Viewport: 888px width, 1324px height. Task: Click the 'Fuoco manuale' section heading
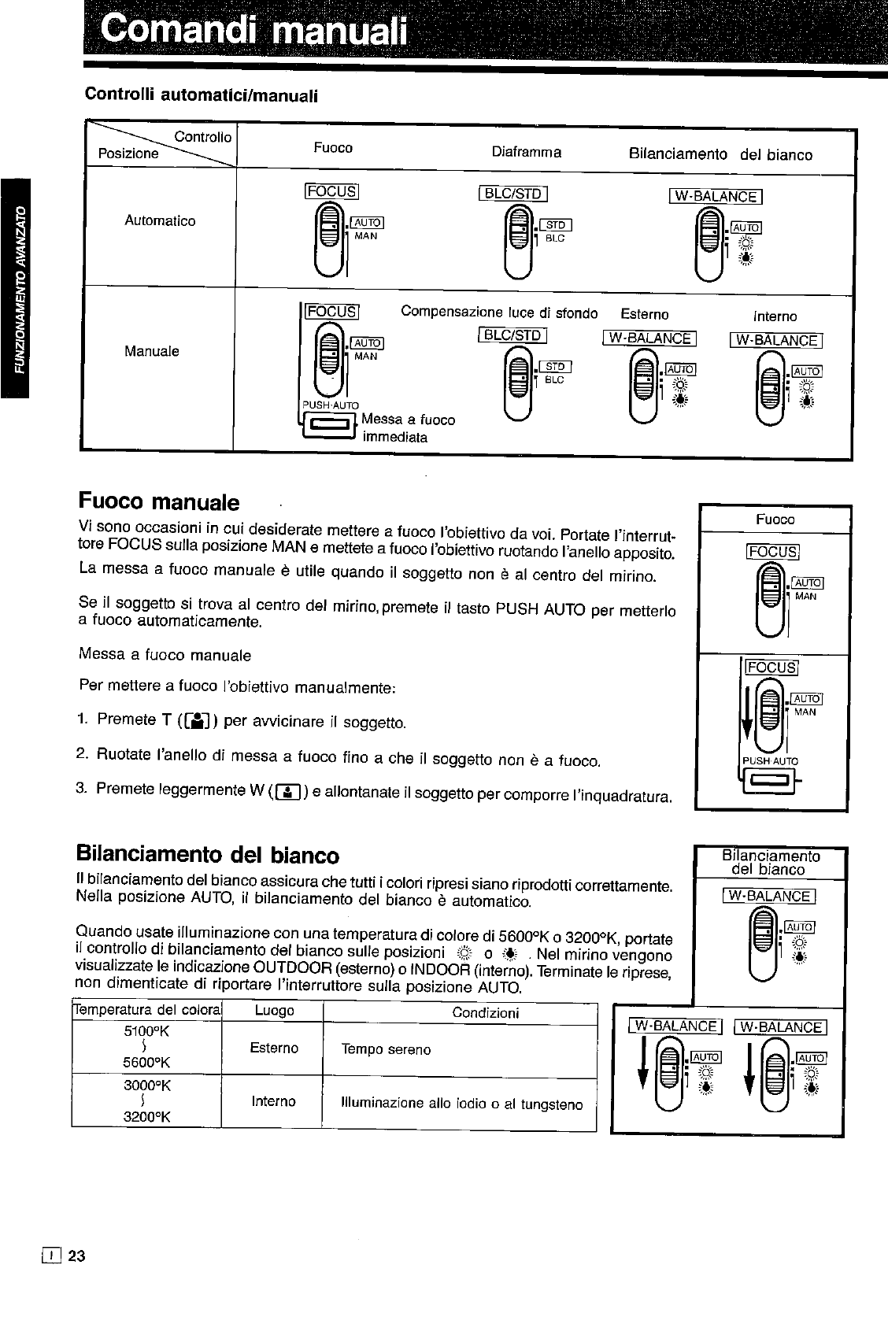click(158, 501)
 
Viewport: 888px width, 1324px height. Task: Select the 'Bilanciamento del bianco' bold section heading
click(208, 855)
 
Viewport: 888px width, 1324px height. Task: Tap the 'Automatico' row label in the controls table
click(160, 221)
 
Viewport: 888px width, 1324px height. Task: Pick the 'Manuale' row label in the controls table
click(152, 351)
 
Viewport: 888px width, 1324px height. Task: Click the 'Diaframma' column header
click(526, 152)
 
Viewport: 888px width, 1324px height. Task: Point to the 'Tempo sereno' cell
click(386, 1049)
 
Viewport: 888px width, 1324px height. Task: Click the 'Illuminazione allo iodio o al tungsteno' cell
click(461, 1104)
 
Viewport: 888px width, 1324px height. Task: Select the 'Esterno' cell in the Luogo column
click(273, 1048)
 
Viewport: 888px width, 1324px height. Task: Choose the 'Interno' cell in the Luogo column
click(273, 1101)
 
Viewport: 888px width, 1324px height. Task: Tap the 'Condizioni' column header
click(485, 1013)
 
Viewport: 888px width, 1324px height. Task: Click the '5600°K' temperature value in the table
click(146, 1063)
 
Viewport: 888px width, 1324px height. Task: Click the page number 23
click(76, 1256)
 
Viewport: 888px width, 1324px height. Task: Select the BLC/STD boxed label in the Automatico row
click(512, 194)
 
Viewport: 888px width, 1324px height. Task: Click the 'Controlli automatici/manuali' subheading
click(201, 95)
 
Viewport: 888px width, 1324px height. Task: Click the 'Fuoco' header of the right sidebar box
click(775, 520)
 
